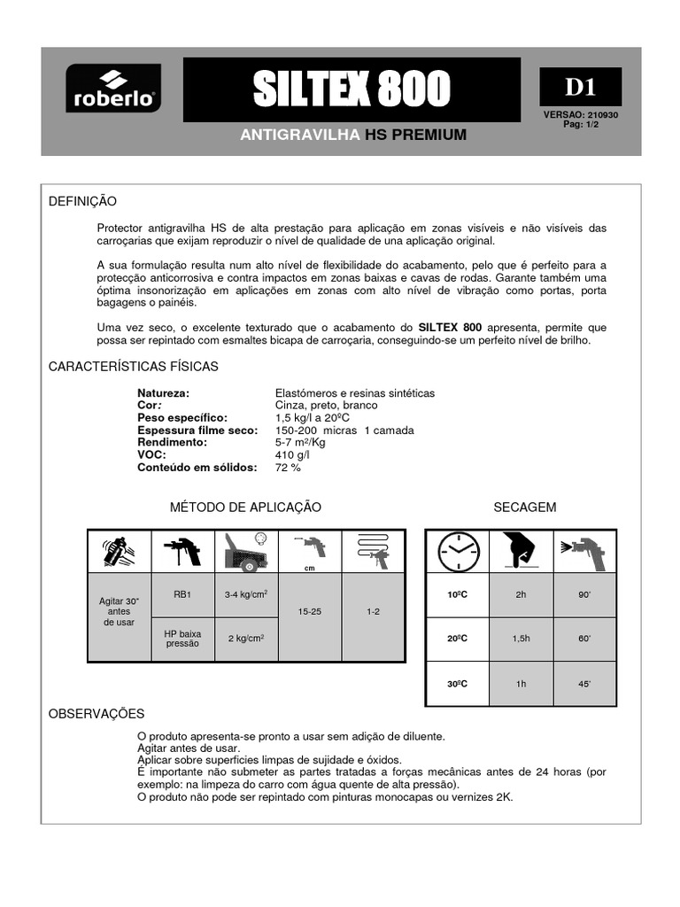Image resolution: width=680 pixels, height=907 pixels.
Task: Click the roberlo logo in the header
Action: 112,89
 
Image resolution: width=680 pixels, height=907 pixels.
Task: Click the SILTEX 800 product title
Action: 352,89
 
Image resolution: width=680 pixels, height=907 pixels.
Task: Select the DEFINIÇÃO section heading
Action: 82,202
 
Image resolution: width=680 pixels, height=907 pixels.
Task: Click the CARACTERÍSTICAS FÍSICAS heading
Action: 133,366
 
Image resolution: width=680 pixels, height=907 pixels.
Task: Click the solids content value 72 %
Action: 289,467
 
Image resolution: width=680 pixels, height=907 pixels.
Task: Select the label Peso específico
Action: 182,417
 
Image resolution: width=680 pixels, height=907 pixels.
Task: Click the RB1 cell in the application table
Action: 184,595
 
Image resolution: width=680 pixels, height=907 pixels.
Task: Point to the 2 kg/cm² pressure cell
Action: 247,639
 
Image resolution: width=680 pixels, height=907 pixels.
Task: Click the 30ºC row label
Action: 457,683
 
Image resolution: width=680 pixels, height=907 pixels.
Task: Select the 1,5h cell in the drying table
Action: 521,639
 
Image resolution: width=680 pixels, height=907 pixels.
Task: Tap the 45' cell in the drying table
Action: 583,683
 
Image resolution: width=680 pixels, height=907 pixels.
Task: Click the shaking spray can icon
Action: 120,551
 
